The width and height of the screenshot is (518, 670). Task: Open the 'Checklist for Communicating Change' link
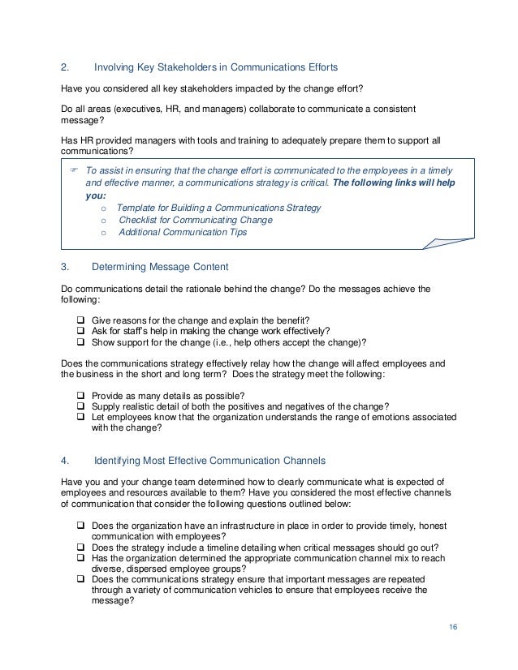pos(195,220)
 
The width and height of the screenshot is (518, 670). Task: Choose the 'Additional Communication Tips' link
pos(183,232)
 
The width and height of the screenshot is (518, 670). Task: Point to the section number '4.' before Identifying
pos(67,461)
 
